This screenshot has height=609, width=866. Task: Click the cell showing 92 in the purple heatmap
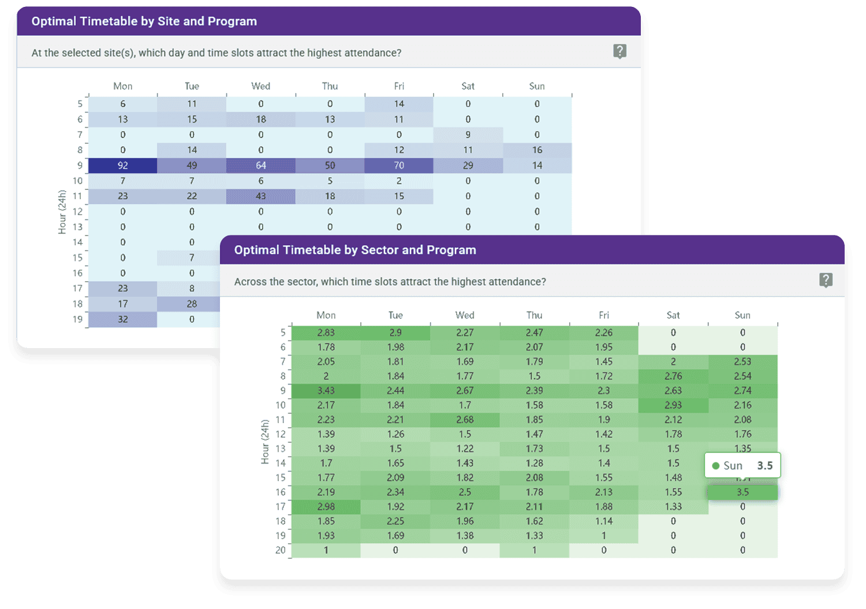(x=122, y=166)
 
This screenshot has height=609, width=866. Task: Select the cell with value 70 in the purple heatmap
(x=399, y=166)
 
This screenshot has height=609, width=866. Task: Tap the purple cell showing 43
(x=261, y=196)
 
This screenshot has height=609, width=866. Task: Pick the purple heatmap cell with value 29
(x=468, y=166)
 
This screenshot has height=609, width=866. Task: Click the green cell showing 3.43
(x=326, y=391)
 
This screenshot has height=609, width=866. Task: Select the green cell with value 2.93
(x=673, y=405)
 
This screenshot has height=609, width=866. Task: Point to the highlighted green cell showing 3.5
(x=742, y=492)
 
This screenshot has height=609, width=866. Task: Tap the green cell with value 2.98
(x=326, y=507)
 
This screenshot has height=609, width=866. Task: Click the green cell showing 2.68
(x=465, y=420)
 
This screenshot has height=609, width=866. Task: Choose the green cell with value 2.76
(x=673, y=376)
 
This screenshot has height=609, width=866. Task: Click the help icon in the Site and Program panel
(x=619, y=51)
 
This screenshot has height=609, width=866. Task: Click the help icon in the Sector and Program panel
(x=826, y=281)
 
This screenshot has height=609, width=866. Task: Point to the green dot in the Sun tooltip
(x=716, y=466)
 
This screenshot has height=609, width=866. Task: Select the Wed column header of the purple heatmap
(x=261, y=86)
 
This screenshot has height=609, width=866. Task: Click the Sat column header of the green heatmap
(x=673, y=315)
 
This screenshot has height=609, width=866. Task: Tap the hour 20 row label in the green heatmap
(x=281, y=550)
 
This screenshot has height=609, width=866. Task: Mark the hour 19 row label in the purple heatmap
(x=78, y=319)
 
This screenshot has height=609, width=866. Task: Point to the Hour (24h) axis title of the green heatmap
(x=265, y=442)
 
